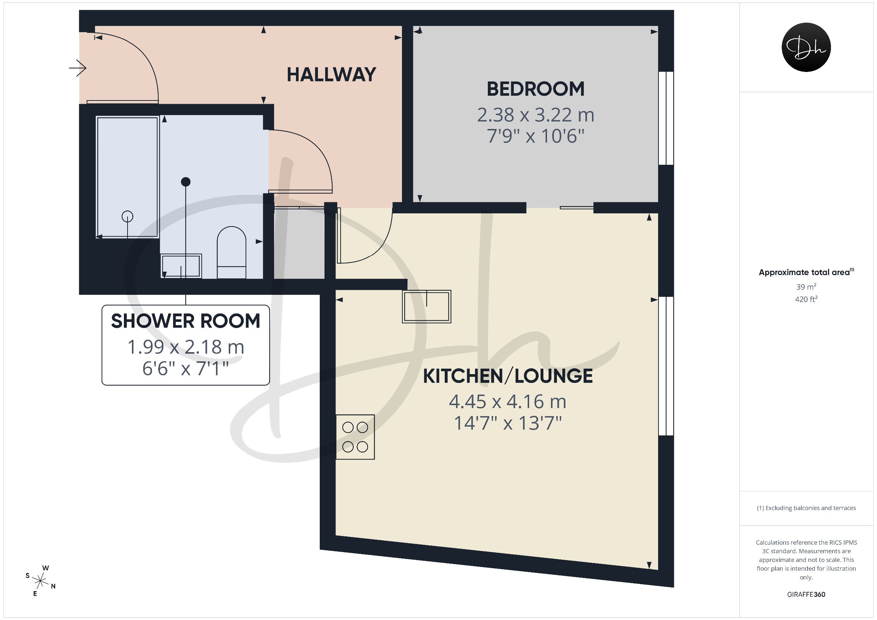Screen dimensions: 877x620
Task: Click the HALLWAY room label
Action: coord(331,75)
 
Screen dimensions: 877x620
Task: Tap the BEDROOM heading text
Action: coord(536,89)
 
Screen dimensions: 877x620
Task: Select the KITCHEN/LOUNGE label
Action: coord(508,376)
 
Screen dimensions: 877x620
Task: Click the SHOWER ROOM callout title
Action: coord(186,321)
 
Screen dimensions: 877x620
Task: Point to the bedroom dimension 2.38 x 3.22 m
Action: coord(536,115)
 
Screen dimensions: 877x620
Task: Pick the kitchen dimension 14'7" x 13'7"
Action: coord(508,423)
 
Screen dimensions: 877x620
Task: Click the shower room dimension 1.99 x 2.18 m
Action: coord(186,347)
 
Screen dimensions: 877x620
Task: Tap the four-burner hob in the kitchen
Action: coord(355,437)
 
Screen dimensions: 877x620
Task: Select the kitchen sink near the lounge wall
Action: coord(427,307)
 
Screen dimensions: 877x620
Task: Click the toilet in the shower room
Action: coord(231,252)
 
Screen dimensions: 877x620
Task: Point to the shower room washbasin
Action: coord(181,266)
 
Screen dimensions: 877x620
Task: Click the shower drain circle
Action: coord(127,217)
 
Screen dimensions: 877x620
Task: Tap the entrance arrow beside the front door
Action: coord(77,68)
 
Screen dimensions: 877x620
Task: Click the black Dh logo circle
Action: coord(806,47)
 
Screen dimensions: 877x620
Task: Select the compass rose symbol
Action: coord(40,581)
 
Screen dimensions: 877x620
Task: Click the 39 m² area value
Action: coord(806,286)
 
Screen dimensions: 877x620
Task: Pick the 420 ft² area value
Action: coord(806,299)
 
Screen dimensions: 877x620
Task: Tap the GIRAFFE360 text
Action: coord(806,594)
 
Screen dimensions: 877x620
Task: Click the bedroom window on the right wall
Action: coord(666,118)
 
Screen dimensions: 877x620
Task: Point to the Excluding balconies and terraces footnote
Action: coord(806,508)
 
